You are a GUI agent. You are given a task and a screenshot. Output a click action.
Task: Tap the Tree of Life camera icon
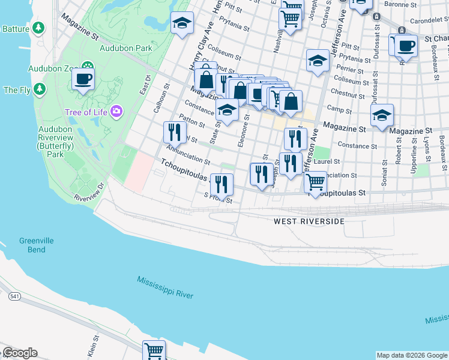click(x=116, y=112)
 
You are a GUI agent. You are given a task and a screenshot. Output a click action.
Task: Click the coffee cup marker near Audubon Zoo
click(x=83, y=79)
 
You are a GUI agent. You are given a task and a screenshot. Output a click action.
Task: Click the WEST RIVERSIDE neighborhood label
click(x=309, y=221)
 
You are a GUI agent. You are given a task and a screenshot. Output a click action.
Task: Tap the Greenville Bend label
click(x=36, y=245)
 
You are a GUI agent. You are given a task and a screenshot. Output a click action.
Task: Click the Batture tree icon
click(x=38, y=28)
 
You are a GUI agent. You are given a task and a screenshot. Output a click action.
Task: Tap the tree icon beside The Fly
click(x=40, y=90)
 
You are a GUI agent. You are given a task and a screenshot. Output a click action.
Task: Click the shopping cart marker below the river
click(x=154, y=350)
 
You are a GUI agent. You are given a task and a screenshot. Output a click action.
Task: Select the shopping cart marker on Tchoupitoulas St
click(x=316, y=182)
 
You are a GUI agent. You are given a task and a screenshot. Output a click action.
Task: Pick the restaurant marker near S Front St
click(x=222, y=184)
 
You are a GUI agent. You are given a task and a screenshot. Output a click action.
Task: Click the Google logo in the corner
click(x=19, y=353)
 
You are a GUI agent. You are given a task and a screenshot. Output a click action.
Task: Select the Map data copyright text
click(x=411, y=355)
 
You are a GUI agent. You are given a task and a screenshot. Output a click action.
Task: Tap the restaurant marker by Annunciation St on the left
click(x=175, y=131)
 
